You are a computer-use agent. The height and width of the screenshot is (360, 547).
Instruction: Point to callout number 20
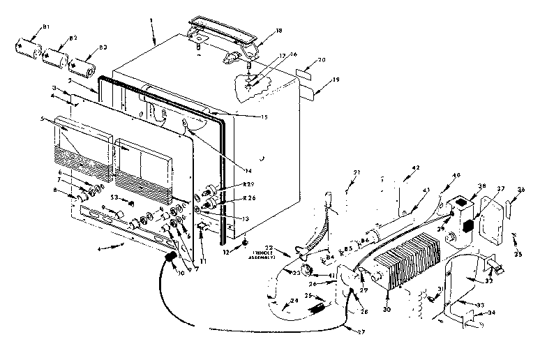tap(321, 61)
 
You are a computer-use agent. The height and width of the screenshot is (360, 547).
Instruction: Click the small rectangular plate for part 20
tap(305, 72)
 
